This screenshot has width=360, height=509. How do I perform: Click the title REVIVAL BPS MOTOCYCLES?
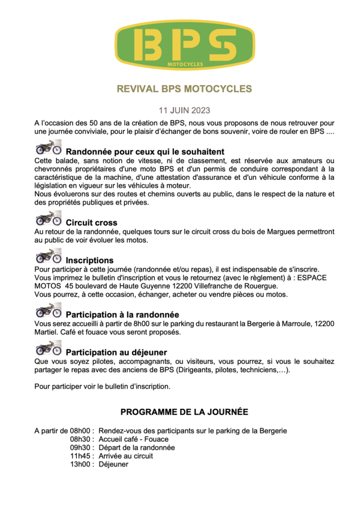tap(184, 89)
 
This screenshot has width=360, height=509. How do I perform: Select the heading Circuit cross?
tap(91, 223)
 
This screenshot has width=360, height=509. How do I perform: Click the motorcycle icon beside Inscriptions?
tap(48, 257)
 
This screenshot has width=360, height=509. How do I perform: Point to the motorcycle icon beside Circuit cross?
tap(48, 219)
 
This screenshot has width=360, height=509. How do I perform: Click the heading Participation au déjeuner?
tap(116, 352)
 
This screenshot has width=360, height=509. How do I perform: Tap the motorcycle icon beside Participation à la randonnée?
tap(48, 310)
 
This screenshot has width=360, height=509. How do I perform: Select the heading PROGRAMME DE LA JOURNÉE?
tap(184, 412)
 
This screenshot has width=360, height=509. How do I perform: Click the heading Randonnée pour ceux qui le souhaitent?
tap(145, 152)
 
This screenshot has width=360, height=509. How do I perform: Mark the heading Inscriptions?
tap(89, 261)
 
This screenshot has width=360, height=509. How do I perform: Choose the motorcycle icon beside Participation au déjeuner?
tap(48, 348)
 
